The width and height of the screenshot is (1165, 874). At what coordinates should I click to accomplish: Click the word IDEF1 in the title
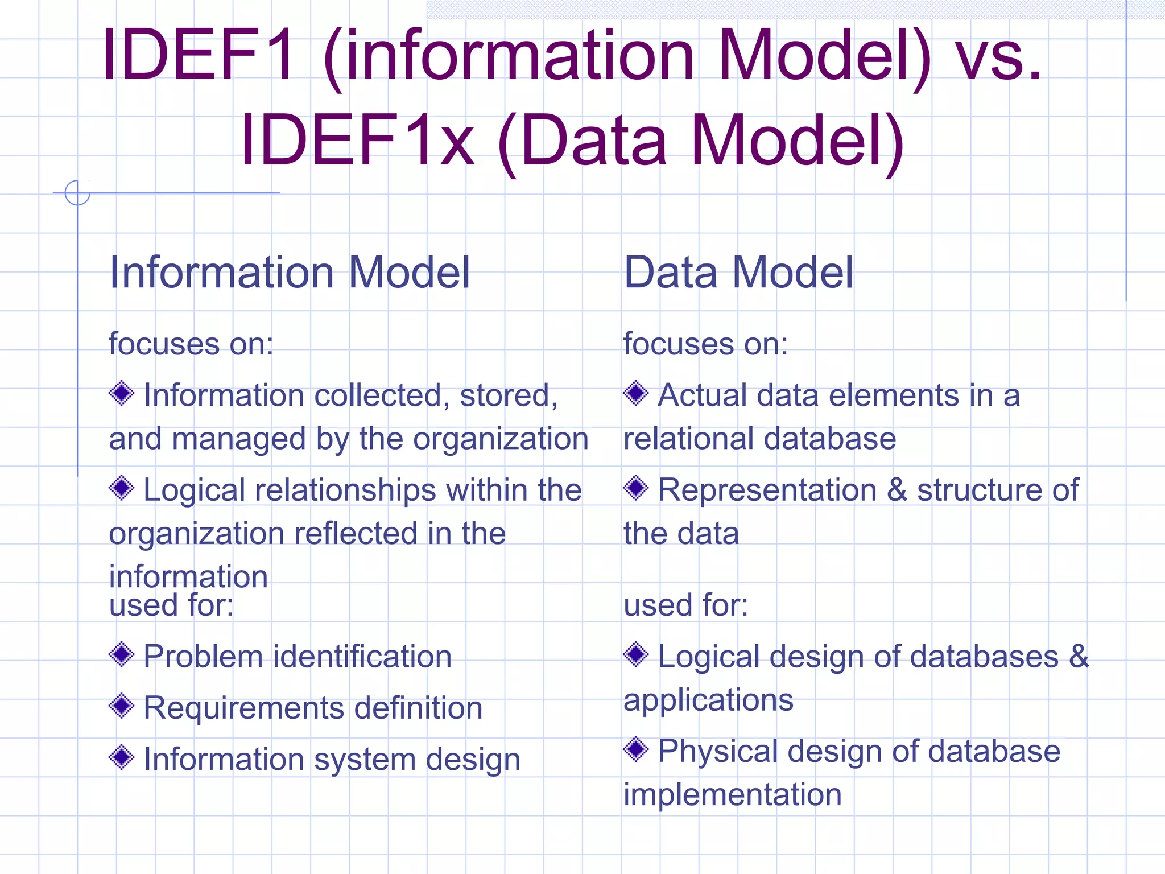tap(199, 55)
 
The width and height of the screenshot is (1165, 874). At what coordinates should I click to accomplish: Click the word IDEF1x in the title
tap(357, 140)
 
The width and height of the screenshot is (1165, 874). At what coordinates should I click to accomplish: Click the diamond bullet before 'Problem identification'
tap(122, 654)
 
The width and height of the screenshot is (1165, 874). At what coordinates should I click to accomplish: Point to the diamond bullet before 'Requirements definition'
tap(122, 706)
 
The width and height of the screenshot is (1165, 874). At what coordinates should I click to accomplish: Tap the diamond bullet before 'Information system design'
tap(122, 757)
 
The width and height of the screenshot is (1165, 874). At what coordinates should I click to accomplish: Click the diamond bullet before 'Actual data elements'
tap(636, 393)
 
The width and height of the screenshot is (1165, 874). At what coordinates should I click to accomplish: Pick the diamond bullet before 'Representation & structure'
tap(636, 488)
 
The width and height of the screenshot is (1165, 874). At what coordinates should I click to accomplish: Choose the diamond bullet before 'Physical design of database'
tap(636, 749)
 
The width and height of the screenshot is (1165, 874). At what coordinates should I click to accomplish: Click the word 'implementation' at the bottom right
tap(733, 794)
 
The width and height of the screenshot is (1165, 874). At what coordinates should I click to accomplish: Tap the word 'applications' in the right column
tap(708, 700)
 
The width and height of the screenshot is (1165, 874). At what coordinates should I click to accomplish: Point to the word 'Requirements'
tap(243, 708)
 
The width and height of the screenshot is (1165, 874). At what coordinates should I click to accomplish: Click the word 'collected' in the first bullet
tap(378, 395)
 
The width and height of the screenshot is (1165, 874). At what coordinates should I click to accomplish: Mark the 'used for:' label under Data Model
tap(685, 604)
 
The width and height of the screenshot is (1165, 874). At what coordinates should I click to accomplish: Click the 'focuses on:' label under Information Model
tap(191, 344)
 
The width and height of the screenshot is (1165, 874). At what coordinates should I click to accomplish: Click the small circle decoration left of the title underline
tap(77, 192)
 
